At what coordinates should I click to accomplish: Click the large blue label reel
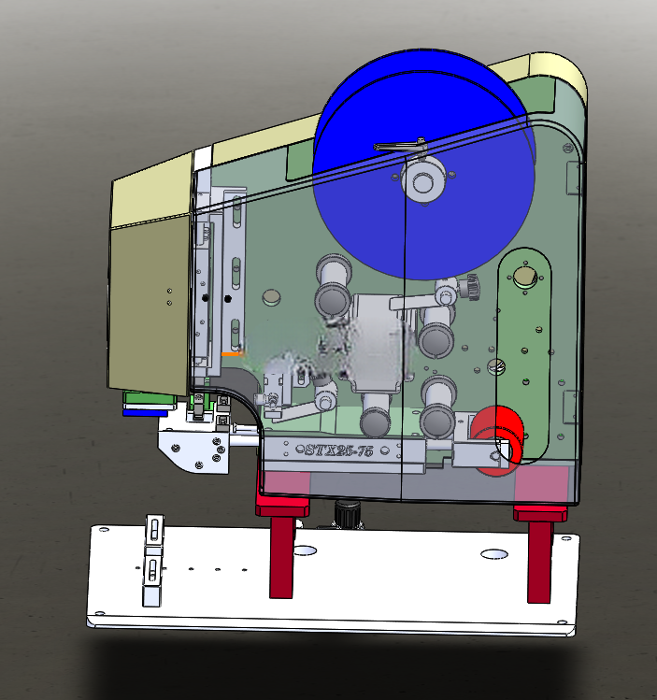[423, 164]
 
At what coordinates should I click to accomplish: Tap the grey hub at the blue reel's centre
[422, 180]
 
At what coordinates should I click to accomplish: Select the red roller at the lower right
[497, 439]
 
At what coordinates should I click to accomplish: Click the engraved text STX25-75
[338, 450]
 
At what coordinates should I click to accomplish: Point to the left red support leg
[281, 549]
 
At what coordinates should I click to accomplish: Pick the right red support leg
[539, 554]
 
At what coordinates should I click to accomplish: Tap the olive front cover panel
[150, 305]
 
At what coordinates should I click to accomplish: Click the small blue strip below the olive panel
[145, 413]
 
